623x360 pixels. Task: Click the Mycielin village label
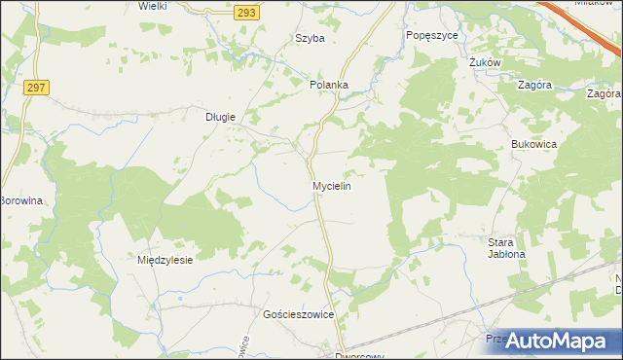331,185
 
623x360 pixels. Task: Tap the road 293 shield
245,10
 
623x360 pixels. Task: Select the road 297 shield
37,88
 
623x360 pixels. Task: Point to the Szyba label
310,39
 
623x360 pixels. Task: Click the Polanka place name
329,85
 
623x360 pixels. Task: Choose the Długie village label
220,117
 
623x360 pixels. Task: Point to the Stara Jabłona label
506,247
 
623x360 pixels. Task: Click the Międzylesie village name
166,260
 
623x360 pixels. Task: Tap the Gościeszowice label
299,315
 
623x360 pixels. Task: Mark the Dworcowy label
354,356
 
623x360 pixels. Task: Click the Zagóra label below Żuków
536,85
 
